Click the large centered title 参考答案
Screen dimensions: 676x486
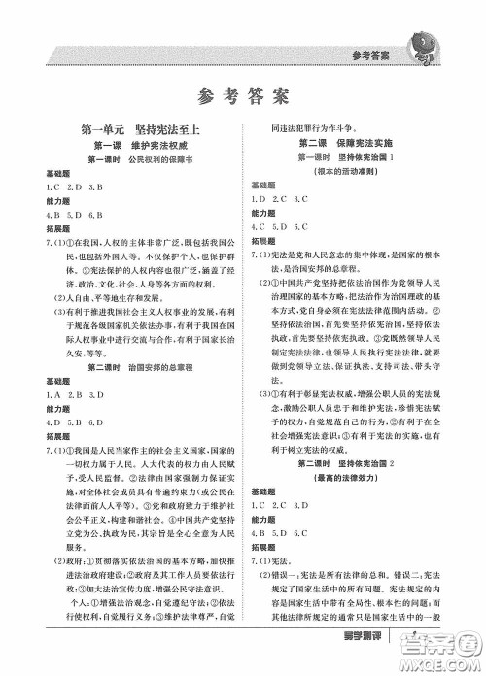242,96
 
